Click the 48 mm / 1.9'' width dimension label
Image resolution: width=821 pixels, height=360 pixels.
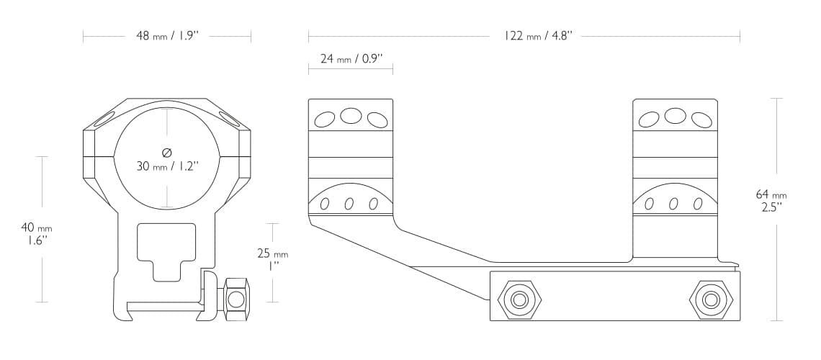click(167, 35)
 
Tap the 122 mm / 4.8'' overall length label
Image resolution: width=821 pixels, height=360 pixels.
click(538, 35)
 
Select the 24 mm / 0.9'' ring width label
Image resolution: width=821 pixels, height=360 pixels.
click(351, 58)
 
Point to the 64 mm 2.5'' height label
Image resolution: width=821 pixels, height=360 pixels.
click(771, 200)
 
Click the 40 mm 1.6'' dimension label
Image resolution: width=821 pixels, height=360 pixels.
click(36, 234)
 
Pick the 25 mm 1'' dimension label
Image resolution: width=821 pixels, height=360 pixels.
click(272, 259)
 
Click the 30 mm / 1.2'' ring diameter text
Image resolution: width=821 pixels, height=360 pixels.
click(167, 166)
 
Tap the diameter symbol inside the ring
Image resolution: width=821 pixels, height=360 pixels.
click(167, 152)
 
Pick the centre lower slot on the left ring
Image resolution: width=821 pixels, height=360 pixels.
click(349, 204)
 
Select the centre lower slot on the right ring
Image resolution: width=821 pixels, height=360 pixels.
click(673, 204)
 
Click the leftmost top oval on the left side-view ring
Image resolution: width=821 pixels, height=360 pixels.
click(326, 119)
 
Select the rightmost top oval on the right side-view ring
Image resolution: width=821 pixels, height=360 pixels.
click(701, 119)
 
